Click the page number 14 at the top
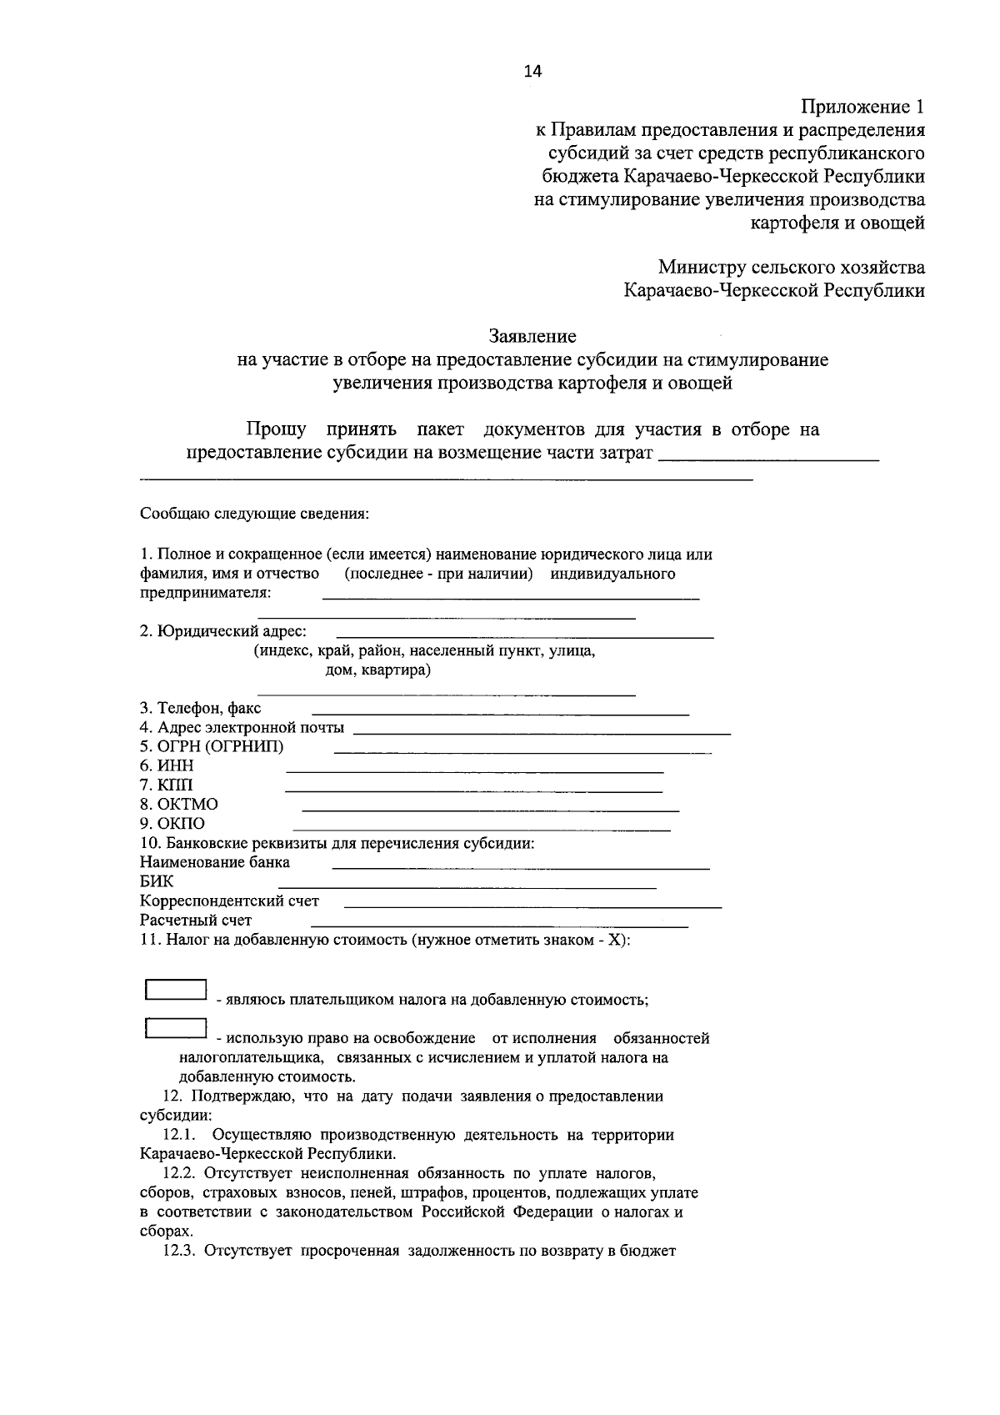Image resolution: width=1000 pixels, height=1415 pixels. pyautogui.click(x=532, y=72)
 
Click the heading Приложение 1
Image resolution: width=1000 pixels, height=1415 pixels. pyautogui.click(x=862, y=107)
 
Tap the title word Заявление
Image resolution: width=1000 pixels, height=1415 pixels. pyautogui.click(x=532, y=337)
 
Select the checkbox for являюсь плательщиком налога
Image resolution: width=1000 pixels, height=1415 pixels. pyautogui.click(x=176, y=989)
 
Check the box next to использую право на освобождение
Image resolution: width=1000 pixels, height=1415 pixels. pyautogui.click(x=176, y=1028)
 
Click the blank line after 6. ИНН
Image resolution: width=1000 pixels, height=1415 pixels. pyautogui.click(x=474, y=771)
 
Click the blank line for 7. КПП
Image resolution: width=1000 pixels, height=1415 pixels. pyautogui.click(x=474, y=790)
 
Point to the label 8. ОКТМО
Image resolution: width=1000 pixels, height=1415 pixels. pyautogui.click(x=178, y=805)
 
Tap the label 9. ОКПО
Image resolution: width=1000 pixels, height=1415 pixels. pyautogui.click(x=172, y=824)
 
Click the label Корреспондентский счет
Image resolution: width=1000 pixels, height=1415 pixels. pyautogui.click(x=229, y=901)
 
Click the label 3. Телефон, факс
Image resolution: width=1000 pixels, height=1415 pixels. pyautogui.click(x=200, y=709)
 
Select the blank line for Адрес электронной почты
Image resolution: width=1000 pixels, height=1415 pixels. pyautogui.click(x=542, y=732)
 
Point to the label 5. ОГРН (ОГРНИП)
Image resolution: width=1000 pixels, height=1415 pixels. pyautogui.click(x=212, y=746)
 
